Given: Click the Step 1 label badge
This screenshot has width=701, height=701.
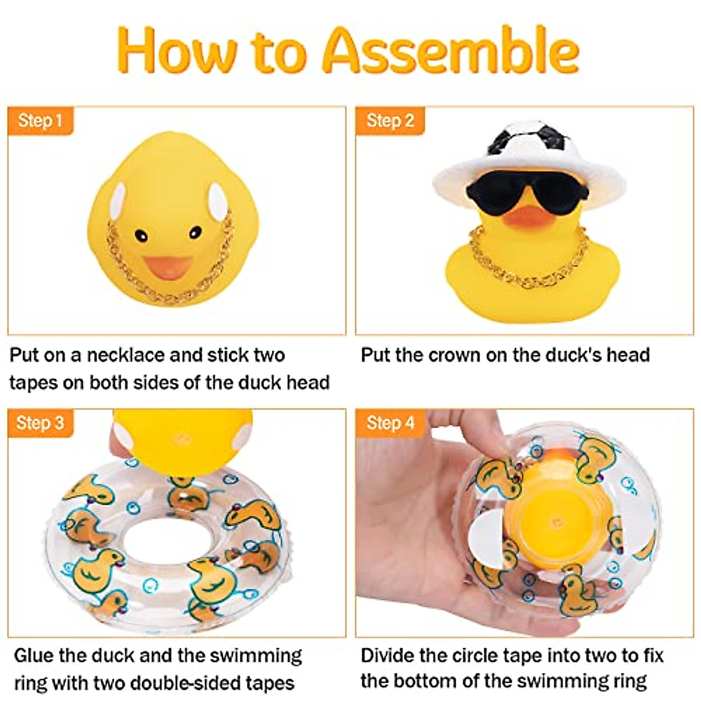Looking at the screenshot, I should click(x=40, y=121).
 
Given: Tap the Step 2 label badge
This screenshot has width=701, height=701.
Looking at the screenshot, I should click(x=390, y=121).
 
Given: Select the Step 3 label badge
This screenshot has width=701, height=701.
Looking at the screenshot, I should click(x=40, y=423).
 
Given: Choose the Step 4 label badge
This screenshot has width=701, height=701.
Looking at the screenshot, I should click(x=390, y=423).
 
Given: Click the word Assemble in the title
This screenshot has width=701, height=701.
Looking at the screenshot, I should click(x=450, y=51).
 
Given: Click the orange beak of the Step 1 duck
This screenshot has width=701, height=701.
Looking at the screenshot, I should click(x=168, y=268).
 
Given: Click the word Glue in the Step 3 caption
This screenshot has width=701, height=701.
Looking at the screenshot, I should click(x=37, y=655).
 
